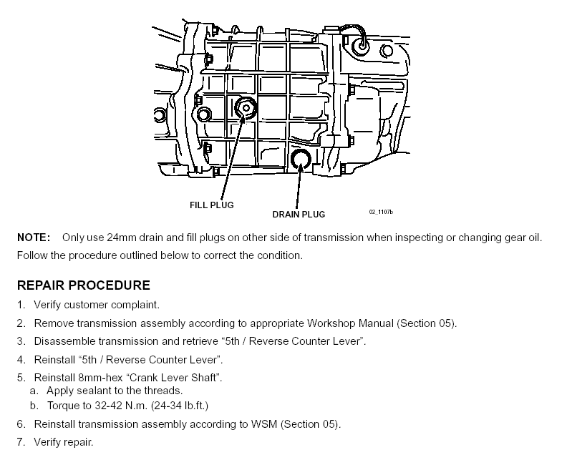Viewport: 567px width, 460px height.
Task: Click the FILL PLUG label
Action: click(211, 205)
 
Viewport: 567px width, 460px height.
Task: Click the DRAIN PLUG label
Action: click(299, 214)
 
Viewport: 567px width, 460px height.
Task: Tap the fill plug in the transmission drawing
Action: click(246, 109)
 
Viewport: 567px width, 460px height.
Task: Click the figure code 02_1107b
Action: click(382, 212)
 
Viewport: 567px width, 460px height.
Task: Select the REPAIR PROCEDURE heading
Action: click(84, 285)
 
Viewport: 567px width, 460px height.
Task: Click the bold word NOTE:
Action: click(34, 238)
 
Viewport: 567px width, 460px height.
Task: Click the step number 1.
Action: click(21, 305)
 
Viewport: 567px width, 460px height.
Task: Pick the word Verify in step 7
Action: click(49, 442)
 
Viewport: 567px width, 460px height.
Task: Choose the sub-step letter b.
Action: click(34, 406)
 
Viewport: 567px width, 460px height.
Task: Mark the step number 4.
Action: click(21, 359)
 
